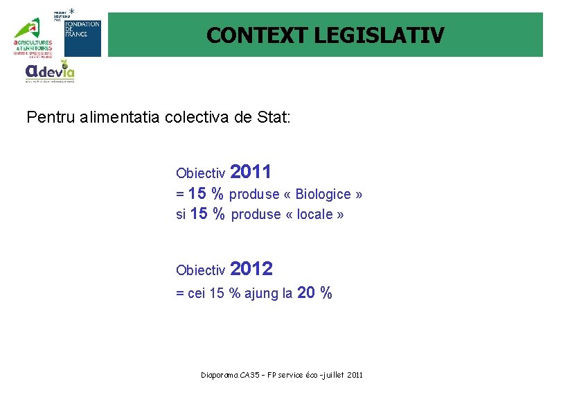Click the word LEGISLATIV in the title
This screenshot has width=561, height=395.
(x=380, y=35)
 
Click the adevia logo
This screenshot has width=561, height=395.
(x=49, y=71)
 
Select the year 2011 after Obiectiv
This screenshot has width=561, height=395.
(x=250, y=171)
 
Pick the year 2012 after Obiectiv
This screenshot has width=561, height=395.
(x=251, y=268)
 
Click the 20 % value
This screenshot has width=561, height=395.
(x=314, y=293)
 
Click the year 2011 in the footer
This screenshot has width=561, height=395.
(x=353, y=375)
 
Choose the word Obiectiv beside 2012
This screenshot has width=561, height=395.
(x=201, y=270)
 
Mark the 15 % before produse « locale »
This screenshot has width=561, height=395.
(x=207, y=214)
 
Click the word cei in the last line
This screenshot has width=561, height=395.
(x=196, y=294)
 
